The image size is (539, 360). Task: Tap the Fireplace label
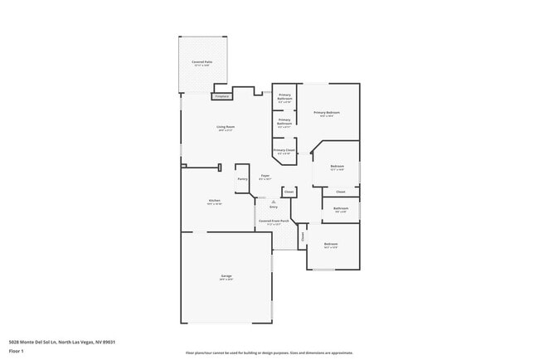click(222, 96)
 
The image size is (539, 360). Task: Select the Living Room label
click(226, 127)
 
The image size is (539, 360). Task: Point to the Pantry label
click(243, 179)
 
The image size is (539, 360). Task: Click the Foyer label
click(265, 175)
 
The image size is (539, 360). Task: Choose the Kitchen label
click(214, 201)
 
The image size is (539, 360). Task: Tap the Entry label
click(274, 207)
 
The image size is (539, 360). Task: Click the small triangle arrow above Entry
click(273, 202)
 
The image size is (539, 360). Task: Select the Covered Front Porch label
click(274, 221)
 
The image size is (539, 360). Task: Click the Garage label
click(226, 275)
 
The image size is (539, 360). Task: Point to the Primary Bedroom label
click(326, 112)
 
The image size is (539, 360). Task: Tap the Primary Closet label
click(284, 150)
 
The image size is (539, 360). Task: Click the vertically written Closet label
click(303, 236)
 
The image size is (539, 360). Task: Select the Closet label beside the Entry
click(289, 192)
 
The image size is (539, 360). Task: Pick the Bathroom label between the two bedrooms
click(340, 208)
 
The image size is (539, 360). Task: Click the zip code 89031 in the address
click(109, 342)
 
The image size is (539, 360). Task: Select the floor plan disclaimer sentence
click(269, 353)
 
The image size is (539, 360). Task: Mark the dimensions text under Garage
click(226, 280)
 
